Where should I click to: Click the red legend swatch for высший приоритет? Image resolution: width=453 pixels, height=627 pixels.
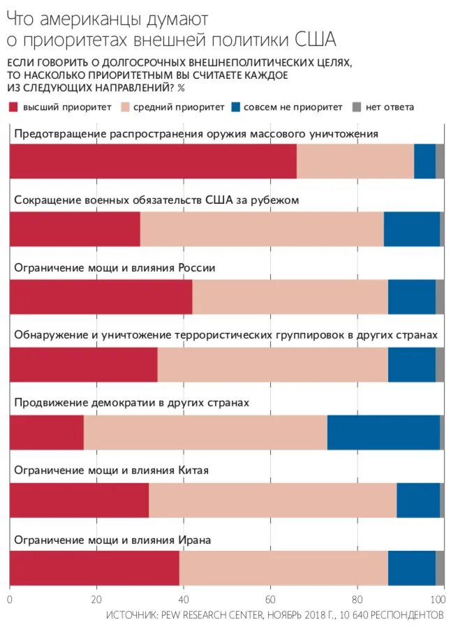[x=14, y=108]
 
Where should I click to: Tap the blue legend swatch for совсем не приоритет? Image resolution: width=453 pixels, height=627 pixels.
[x=236, y=108]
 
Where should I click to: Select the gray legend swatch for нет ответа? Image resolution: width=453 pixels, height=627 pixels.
[x=356, y=108]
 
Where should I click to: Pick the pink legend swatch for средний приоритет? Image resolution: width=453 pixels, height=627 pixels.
[x=126, y=108]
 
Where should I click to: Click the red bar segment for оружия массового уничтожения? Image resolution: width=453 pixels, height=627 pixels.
[x=153, y=161]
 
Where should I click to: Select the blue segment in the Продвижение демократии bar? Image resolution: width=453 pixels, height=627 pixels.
[x=383, y=432]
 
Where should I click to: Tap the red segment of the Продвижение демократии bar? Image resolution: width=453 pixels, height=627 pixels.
[x=47, y=432]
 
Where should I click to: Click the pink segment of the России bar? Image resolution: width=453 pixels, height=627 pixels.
[x=290, y=297]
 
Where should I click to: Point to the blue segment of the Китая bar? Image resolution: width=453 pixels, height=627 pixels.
[x=418, y=500]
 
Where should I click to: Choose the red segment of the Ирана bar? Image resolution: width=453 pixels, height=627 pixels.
[x=94, y=568]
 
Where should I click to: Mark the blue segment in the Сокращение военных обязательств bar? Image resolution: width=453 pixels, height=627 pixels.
[x=412, y=229]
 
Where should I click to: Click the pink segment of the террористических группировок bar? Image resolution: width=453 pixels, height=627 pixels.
[x=272, y=364]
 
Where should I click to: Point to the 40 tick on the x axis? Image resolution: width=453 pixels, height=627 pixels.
[x=184, y=599]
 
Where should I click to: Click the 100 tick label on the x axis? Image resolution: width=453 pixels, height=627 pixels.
[x=438, y=599]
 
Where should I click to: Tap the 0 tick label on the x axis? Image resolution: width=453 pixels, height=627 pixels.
[x=10, y=599]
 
